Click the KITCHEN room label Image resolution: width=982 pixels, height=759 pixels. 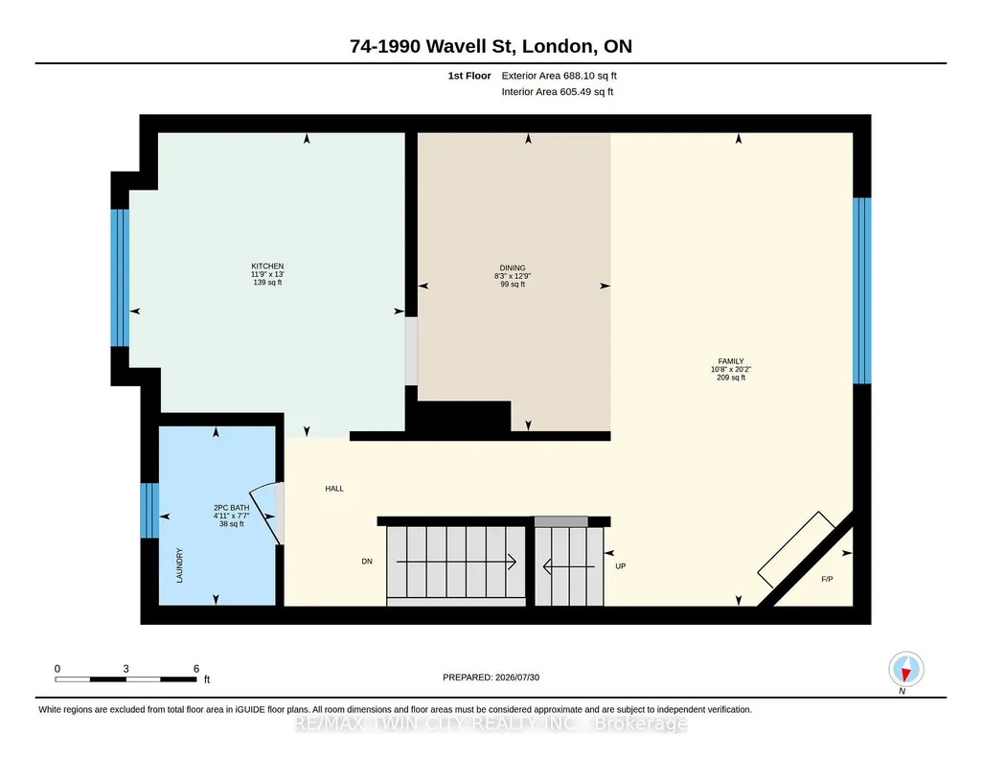click(x=267, y=266)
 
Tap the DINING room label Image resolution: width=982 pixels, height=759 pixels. click(x=513, y=268)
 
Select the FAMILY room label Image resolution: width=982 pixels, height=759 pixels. click(x=731, y=361)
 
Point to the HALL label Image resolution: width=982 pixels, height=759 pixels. click(x=334, y=489)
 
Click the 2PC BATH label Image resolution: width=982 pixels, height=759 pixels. click(x=231, y=508)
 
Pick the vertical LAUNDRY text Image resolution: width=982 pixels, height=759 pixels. click(x=180, y=565)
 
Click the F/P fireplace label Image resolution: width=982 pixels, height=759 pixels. click(x=828, y=579)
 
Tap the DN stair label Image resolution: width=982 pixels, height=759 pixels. click(x=367, y=562)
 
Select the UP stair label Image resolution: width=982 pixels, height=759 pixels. click(x=621, y=566)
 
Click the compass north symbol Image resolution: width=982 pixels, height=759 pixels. click(x=905, y=670)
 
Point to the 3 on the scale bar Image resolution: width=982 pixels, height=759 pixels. click(x=126, y=669)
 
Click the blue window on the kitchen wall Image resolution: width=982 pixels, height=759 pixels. click(x=120, y=277)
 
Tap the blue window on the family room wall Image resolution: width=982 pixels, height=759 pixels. click(x=862, y=290)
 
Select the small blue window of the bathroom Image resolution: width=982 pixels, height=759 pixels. click(x=149, y=511)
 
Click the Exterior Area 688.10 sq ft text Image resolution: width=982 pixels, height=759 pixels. click(x=559, y=76)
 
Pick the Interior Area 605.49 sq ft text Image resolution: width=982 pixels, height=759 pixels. click(x=558, y=91)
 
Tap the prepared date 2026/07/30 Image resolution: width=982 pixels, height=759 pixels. click(x=517, y=677)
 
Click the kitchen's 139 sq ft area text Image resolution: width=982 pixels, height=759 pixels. click(x=267, y=283)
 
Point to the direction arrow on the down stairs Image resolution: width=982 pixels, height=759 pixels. click(x=456, y=562)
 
